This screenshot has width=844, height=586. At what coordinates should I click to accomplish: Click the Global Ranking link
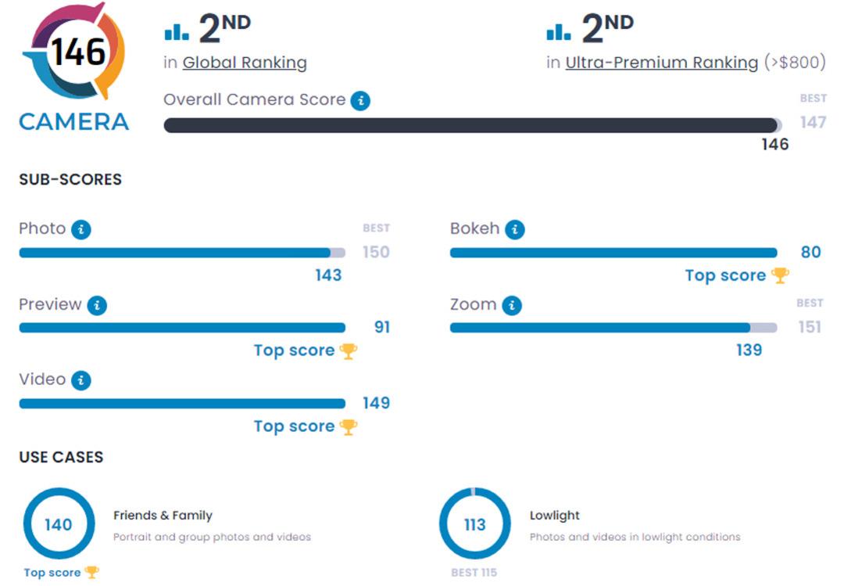tap(245, 63)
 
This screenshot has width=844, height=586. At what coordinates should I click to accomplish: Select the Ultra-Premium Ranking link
tap(662, 63)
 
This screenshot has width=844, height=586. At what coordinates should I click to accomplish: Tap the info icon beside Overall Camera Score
tap(360, 100)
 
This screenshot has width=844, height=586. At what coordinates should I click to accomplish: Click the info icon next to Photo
tap(81, 230)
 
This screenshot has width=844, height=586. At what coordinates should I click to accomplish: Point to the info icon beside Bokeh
tap(514, 230)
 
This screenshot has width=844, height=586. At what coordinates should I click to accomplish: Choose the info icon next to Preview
tap(97, 306)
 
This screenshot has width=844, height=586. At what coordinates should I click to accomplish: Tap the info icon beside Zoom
tap(512, 306)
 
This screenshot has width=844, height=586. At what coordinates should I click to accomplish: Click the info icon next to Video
tap(81, 380)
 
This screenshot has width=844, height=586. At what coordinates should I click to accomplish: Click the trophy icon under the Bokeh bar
tap(780, 275)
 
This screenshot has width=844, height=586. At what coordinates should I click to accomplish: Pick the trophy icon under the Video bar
tap(349, 426)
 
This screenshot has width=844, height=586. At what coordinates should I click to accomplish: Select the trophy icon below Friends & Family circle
tap(92, 572)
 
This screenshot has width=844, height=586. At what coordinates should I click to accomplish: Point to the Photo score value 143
tap(328, 275)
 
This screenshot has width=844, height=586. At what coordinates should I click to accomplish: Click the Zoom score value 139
tap(749, 350)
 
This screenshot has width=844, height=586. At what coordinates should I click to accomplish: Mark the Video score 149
tap(376, 403)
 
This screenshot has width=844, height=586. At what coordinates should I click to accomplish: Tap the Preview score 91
tap(381, 327)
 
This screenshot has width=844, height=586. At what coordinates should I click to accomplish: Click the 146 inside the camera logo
tap(79, 52)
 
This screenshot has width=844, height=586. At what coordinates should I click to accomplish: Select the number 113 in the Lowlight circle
tap(475, 524)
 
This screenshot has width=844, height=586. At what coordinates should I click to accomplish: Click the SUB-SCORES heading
tap(70, 179)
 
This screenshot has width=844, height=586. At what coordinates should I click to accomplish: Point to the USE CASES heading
tap(61, 457)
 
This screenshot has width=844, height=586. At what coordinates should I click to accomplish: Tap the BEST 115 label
tap(474, 573)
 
